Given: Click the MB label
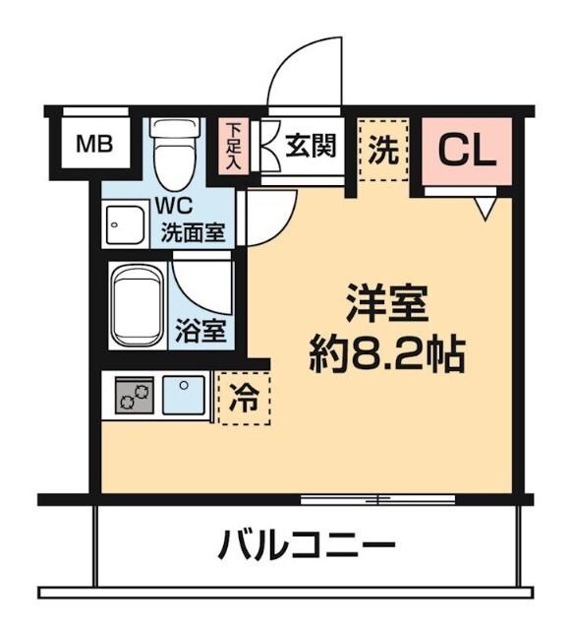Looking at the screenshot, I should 95,146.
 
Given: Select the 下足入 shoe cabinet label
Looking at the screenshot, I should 233,146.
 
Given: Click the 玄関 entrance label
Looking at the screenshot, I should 312,146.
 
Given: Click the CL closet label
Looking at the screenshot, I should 467,150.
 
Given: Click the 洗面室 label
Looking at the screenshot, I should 194,233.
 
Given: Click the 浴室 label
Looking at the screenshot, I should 200,330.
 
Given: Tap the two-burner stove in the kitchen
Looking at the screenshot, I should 134,397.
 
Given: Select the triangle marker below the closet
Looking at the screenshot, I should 483,208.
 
